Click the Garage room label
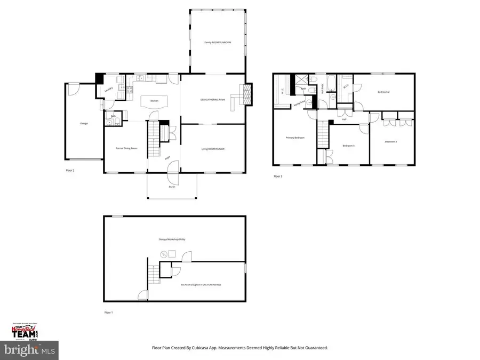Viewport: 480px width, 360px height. coord(84,123)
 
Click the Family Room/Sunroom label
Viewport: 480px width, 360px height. coord(218,42)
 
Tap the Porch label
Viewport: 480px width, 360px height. coord(172,187)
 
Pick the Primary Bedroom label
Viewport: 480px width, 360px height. coord(295,138)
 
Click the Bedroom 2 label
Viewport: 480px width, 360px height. coord(383,92)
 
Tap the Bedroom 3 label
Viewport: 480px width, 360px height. coord(391,141)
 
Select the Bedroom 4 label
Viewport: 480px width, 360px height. coord(348,146)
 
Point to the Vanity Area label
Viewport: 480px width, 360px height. coord(299,102)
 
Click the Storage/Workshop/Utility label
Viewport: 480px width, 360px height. coord(174,239)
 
